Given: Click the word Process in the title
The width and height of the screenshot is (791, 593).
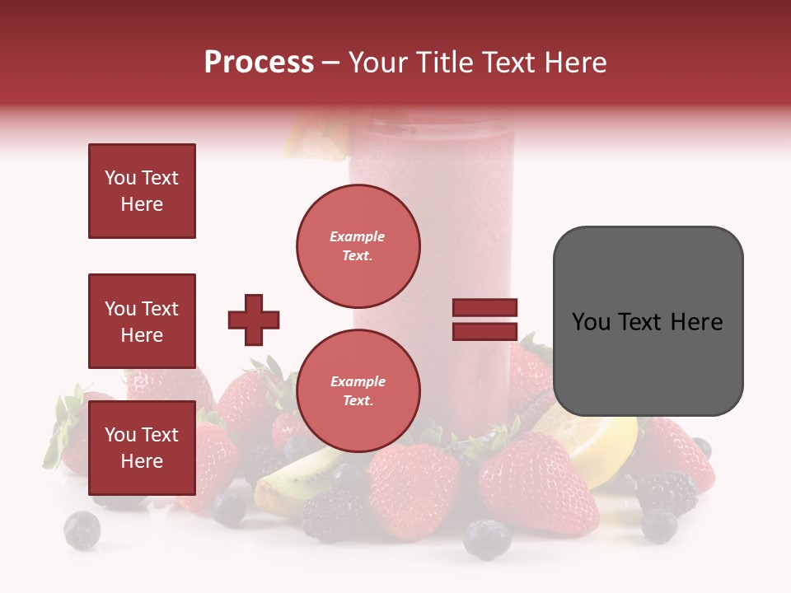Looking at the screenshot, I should point(259,63).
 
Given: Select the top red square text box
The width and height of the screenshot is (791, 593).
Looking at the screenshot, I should point(142,191).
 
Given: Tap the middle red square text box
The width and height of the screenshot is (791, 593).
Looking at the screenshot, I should point(142,321).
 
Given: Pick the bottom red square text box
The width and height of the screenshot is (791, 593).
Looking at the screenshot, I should point(142,448).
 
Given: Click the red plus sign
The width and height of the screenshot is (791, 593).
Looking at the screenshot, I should point(254,320).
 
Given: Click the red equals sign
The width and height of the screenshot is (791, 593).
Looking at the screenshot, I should point(484,320).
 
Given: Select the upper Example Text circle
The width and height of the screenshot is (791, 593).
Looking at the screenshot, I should point(358,245).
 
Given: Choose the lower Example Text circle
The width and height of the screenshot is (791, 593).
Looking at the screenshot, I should point(358,390).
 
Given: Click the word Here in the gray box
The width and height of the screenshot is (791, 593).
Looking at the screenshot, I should point(696,321).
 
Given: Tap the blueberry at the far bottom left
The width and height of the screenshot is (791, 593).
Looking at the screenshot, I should point(82,530).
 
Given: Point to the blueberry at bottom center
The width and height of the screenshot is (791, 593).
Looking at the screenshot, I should point(486,538).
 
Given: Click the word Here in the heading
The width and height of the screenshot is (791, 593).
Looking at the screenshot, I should point(574,63).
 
